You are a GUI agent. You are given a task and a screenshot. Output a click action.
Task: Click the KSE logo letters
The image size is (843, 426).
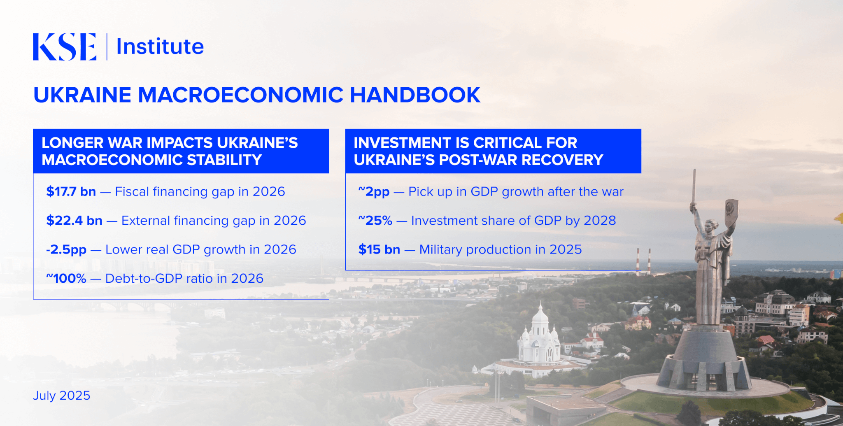click(65, 47)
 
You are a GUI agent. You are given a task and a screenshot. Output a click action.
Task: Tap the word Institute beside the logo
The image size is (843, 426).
click(160, 47)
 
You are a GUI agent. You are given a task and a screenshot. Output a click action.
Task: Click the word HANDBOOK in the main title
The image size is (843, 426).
click(415, 95)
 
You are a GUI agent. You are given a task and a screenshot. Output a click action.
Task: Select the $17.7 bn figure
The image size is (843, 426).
click(71, 192)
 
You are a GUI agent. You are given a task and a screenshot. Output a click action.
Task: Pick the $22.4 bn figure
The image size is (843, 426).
click(74, 221)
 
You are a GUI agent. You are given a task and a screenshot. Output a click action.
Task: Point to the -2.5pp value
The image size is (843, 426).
click(66, 250)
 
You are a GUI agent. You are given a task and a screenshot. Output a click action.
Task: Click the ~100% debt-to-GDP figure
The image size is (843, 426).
click(66, 279)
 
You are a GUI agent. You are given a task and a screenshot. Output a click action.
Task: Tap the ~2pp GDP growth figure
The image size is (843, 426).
click(374, 192)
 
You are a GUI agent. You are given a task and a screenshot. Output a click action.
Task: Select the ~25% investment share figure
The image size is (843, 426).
click(375, 221)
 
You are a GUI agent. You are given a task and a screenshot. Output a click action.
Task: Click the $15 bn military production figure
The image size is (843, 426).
click(379, 249)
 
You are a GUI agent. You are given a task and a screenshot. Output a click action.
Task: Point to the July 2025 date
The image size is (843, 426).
click(62, 396)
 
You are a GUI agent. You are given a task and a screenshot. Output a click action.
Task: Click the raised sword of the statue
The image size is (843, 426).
click(694, 186)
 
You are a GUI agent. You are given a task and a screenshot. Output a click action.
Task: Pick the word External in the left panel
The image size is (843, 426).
click(146, 221)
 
